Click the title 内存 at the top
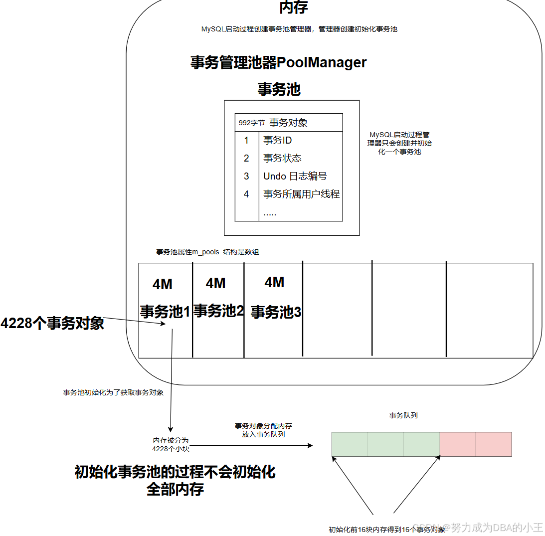point(293,7)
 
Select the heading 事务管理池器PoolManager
point(278,63)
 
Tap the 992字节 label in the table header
point(251,123)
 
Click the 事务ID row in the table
point(277,141)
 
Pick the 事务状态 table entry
point(282,159)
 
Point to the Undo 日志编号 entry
point(295,177)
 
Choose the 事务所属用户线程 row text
point(301,194)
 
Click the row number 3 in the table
point(246,177)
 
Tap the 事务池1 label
point(165,312)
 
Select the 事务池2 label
point(218,311)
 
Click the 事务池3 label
point(275,312)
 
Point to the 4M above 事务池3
point(274,282)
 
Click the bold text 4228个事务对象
point(52,323)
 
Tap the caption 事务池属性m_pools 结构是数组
point(207,252)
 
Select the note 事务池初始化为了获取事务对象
point(113,392)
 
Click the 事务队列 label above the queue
point(403,415)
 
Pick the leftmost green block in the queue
point(350,444)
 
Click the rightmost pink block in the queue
point(493,444)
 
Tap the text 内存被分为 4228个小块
point(171,445)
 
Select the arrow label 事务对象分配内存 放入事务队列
point(263,430)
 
